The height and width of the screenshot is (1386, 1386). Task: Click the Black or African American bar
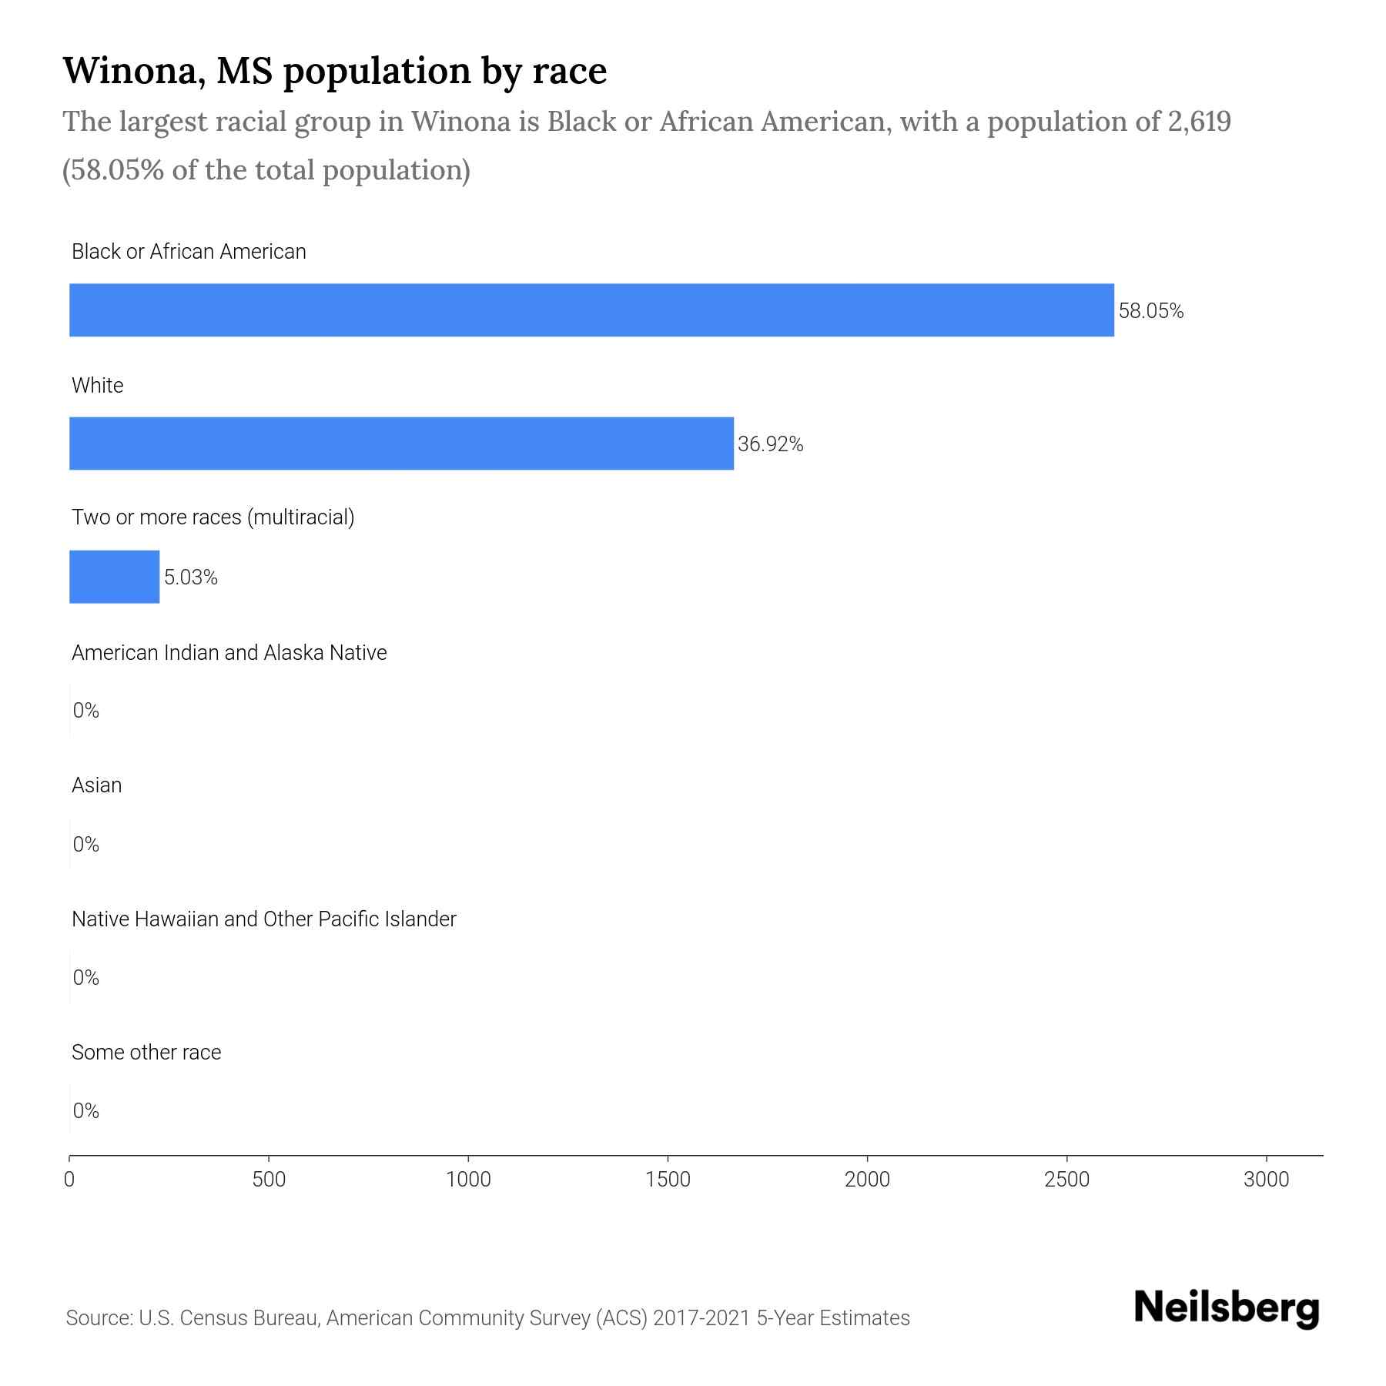pyautogui.click(x=591, y=310)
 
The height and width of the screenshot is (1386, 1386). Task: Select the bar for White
pyautogui.click(x=401, y=444)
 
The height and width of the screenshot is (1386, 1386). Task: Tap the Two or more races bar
pyautogui.click(x=114, y=577)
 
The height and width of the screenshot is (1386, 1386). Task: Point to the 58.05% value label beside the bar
pyautogui.click(x=1150, y=311)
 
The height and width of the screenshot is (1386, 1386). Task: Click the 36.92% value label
pyautogui.click(x=770, y=444)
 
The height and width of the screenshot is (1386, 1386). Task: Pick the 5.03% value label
pyautogui.click(x=190, y=577)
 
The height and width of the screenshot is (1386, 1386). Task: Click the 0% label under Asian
pyautogui.click(x=85, y=845)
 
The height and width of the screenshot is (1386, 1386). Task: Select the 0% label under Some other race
pyautogui.click(x=85, y=1110)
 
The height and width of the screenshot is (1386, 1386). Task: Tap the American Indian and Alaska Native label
pyautogui.click(x=229, y=653)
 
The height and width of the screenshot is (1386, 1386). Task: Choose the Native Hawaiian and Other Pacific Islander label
pyautogui.click(x=263, y=919)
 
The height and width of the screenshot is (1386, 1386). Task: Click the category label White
pyautogui.click(x=97, y=385)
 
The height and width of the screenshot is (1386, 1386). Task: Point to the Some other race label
pyautogui.click(x=146, y=1053)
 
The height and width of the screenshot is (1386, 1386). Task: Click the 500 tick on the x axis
pyautogui.click(x=269, y=1180)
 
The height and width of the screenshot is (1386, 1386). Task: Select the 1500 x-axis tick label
pyautogui.click(x=668, y=1180)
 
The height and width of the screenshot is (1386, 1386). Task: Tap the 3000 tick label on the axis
pyautogui.click(x=1266, y=1180)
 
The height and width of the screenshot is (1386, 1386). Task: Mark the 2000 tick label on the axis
pyautogui.click(x=867, y=1180)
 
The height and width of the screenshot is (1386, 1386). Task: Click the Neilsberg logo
pyautogui.click(x=1227, y=1308)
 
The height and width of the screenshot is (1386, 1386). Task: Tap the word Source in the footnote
pyautogui.click(x=97, y=1318)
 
